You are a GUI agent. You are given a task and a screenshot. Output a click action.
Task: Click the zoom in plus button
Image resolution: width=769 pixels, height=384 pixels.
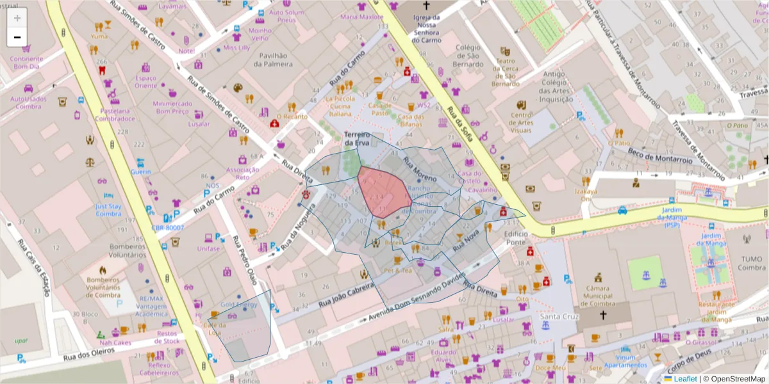click(x=17, y=18)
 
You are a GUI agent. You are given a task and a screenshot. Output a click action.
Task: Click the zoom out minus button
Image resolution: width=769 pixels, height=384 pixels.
click(x=17, y=37)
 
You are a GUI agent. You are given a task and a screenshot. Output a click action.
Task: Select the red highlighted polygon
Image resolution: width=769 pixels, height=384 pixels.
click(x=383, y=192)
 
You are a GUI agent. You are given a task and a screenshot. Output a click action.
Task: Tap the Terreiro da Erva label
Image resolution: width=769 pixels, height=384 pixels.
click(x=357, y=138)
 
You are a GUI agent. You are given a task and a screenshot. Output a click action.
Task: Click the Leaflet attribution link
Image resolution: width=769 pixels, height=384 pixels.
click(x=684, y=379)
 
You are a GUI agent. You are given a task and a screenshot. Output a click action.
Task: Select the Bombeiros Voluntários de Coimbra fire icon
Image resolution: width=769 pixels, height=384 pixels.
click(x=103, y=270)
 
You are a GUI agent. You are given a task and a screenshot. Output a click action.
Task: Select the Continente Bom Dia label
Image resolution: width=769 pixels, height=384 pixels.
click(x=26, y=62)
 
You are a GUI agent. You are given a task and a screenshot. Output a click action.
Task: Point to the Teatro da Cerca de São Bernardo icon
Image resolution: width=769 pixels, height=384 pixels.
click(x=505, y=50)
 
